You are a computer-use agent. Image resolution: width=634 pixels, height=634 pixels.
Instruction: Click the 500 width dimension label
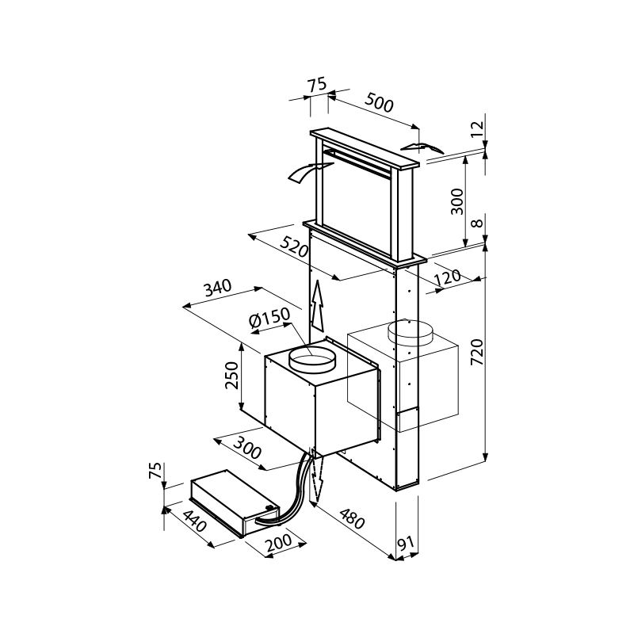pos(379,103)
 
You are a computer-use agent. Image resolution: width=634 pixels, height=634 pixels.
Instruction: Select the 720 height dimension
pos(478,352)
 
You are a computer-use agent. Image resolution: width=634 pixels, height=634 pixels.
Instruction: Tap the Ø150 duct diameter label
pos(269,319)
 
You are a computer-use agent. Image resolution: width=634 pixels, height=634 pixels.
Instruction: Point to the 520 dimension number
pos(294,247)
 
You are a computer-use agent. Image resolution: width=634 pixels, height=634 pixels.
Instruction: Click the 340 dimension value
pos(217,288)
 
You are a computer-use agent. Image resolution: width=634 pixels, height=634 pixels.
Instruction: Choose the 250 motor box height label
pos(232,375)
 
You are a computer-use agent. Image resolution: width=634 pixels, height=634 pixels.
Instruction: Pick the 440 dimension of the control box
pos(195,521)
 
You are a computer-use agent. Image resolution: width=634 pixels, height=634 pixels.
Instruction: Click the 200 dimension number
pos(279,543)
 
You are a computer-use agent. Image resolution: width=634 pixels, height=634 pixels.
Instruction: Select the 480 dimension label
pos(352,519)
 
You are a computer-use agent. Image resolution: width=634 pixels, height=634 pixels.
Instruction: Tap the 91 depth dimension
pos(407,543)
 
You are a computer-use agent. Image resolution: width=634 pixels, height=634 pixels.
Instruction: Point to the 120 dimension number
pos(447,277)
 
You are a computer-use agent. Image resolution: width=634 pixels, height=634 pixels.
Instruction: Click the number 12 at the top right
pos(478,130)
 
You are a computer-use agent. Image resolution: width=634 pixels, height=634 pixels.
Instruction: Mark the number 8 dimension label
pos(478,223)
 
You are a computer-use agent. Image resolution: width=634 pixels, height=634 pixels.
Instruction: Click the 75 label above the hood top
pos(316,85)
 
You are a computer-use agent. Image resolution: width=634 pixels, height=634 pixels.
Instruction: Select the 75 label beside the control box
pos(155,470)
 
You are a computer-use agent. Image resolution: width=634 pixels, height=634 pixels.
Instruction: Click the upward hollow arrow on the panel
pos(318,306)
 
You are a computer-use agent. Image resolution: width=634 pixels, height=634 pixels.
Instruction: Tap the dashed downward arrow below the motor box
pos(316,476)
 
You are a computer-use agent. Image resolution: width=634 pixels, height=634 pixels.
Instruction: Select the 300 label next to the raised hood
pos(457,201)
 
